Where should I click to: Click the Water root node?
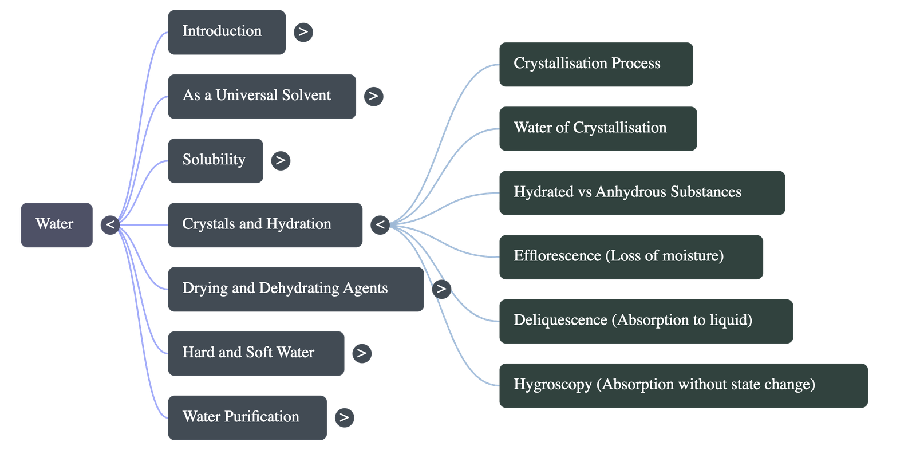[56, 224]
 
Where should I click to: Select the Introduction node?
[226, 32]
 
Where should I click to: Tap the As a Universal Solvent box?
[261, 96]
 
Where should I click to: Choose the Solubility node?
[215, 160]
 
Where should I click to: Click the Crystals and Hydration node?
[264, 224]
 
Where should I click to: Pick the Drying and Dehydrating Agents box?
[295, 289]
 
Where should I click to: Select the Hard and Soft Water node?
[255, 353]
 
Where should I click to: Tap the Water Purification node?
[247, 417]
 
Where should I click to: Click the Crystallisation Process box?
[595, 64]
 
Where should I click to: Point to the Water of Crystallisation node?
[597, 128]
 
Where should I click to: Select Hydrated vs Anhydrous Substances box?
[641, 192]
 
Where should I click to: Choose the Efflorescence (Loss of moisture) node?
[630, 256]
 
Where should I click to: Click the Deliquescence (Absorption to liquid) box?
[645, 321]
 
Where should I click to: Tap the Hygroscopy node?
[683, 385]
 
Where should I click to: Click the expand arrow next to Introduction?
[303, 32]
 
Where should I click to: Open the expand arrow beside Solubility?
[280, 160]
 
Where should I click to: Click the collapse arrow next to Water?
[110, 224]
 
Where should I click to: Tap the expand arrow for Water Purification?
[343, 417]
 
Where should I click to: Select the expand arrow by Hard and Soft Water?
[361, 353]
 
